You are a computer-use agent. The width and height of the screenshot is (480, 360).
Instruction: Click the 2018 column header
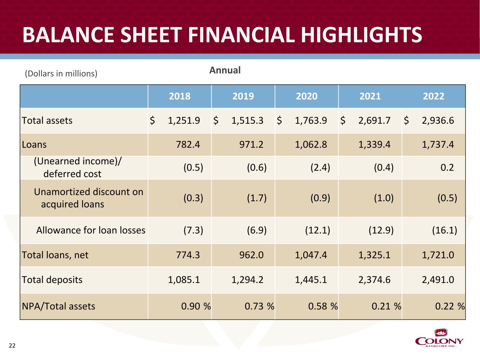[180, 96]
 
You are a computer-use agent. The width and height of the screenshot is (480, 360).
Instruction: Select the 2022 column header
[434, 96]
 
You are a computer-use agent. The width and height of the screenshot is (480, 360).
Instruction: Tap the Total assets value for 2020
[311, 121]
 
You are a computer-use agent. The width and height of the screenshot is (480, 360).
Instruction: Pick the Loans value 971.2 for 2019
[251, 144]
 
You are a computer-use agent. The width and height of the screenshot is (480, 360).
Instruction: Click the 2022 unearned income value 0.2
[447, 167]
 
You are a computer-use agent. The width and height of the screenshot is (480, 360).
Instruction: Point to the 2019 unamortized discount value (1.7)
[257, 198]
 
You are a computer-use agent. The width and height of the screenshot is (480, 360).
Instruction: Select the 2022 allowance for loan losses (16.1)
[444, 230]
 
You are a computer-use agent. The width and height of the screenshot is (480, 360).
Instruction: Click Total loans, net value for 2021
[374, 255]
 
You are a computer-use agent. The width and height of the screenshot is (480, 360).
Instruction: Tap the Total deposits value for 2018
[184, 279]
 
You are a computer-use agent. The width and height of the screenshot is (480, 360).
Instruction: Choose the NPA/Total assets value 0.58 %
[323, 306]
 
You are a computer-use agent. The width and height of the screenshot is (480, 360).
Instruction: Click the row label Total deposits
[52, 279]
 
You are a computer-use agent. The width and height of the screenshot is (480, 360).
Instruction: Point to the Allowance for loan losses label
[91, 230]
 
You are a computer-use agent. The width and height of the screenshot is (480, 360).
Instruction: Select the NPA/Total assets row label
[58, 306]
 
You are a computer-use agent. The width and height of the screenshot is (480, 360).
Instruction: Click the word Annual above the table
[225, 70]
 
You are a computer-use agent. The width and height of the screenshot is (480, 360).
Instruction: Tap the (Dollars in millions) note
[61, 73]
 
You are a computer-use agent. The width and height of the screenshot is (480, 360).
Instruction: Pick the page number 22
[12, 346]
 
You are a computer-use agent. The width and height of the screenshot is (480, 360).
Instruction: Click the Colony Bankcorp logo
[439, 338]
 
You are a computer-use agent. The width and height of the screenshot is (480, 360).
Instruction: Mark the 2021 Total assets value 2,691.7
[374, 121]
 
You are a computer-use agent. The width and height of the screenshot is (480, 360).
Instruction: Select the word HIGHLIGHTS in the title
[361, 35]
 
